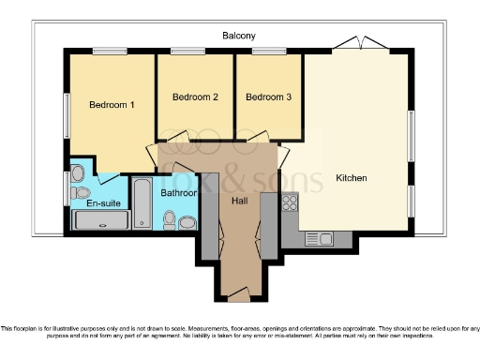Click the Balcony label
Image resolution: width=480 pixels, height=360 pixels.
(x=239, y=36)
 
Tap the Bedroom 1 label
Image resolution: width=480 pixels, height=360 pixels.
(x=112, y=105)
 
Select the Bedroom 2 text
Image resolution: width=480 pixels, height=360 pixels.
(x=196, y=97)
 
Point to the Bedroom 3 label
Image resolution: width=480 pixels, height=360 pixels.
(x=269, y=97)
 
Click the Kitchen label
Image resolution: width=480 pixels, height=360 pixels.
(x=352, y=178)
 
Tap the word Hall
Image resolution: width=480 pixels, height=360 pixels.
(x=239, y=199)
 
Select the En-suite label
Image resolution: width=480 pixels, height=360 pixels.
(x=101, y=202)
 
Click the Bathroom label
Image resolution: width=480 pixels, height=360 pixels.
(x=178, y=193)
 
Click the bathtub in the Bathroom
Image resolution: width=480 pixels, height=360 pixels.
(x=142, y=202)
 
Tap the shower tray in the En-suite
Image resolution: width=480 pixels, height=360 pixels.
(x=100, y=220)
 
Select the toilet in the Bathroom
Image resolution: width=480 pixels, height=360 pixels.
(x=170, y=219)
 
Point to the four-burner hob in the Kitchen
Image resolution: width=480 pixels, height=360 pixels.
(x=290, y=202)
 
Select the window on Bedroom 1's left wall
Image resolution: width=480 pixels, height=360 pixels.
(x=67, y=111)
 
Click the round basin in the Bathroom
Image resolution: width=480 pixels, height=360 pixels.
(x=187, y=222)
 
